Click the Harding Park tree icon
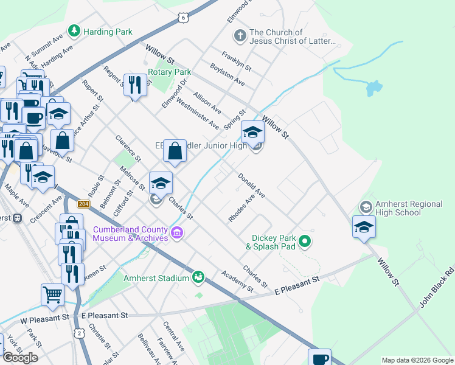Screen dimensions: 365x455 pyautogui.click(x=74, y=30)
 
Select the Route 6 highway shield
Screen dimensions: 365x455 pyautogui.click(x=183, y=18)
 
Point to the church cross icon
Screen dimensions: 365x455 pyautogui.click(x=240, y=35)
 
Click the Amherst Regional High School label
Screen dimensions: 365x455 pyautogui.click(x=398, y=209)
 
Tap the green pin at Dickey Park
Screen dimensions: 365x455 pyautogui.click(x=305, y=242)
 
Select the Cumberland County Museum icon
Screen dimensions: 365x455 pyautogui.click(x=177, y=232)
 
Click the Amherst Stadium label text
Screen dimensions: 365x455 pyautogui.click(x=156, y=278)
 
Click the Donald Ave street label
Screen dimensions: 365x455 pyautogui.click(x=251, y=186)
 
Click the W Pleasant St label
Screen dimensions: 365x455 pyautogui.click(x=44, y=318)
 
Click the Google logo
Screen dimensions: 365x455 pyautogui.click(x=20, y=358)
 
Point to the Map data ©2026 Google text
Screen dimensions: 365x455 pyautogui.click(x=417, y=360)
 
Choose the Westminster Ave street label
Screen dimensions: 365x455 pyautogui.click(x=197, y=114)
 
